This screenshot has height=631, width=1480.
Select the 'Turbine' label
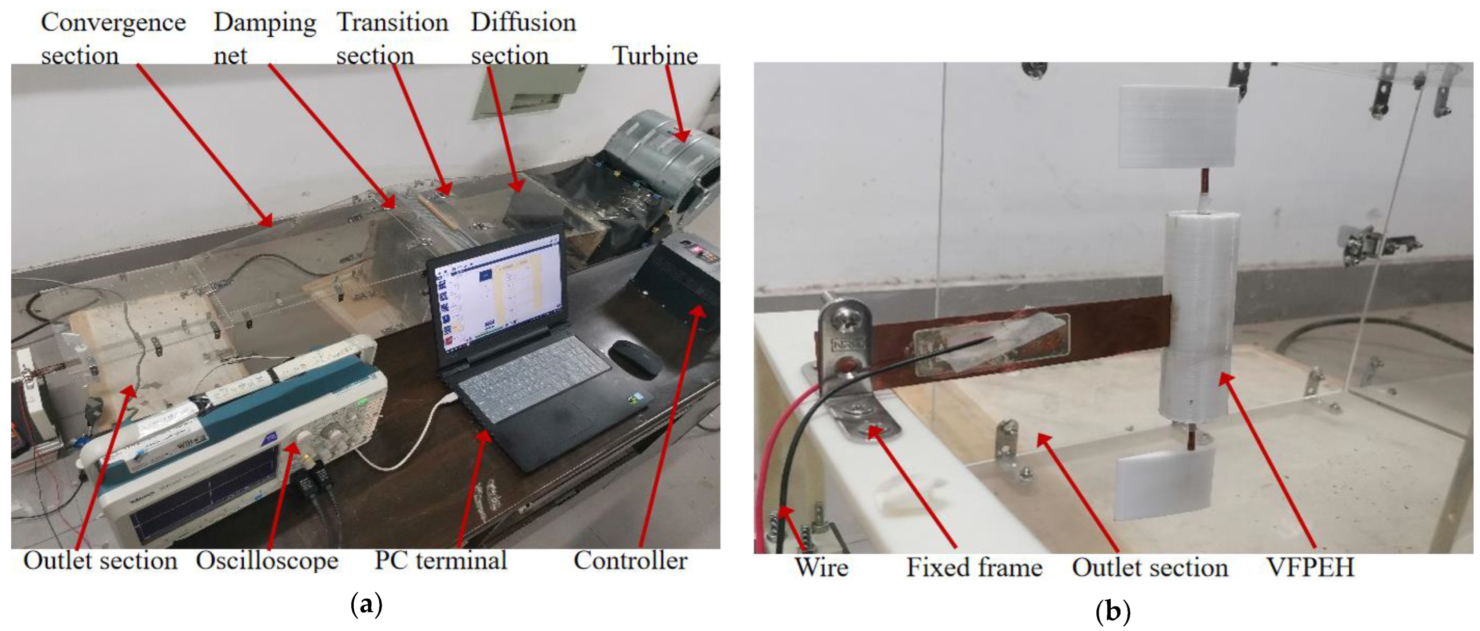point(655,56)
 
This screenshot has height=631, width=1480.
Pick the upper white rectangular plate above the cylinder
point(1178,127)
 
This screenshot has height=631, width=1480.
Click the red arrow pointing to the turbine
point(675,103)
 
